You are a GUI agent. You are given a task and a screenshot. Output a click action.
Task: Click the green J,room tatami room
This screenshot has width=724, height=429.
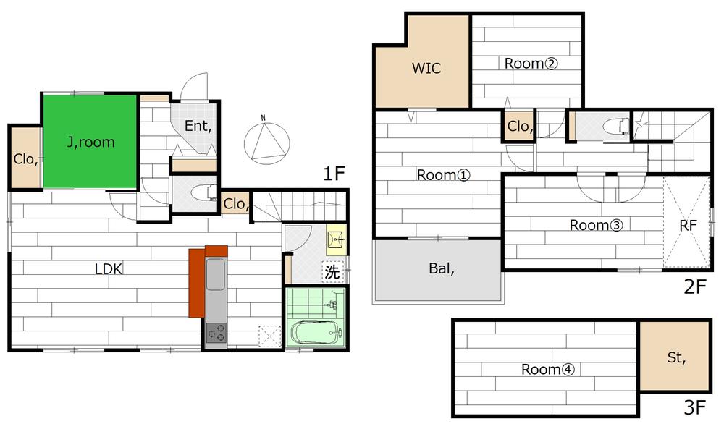90,142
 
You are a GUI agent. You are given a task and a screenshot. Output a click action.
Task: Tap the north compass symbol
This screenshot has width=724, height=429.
267,140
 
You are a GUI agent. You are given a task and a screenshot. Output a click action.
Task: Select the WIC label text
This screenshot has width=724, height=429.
426,68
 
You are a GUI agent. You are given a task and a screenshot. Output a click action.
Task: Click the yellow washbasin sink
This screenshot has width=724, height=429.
336,240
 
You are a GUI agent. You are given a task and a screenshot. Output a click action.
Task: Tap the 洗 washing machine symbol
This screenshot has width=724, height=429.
332,272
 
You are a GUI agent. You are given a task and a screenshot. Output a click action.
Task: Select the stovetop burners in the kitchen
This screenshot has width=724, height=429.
216,333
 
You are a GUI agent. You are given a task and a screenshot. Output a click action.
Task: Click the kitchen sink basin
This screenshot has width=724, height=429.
216,274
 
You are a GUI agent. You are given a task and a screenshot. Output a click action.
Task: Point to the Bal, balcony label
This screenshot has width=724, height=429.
442,268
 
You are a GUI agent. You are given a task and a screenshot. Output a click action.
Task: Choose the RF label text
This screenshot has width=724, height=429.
688,225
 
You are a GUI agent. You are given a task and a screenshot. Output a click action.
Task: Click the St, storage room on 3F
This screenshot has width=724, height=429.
675,356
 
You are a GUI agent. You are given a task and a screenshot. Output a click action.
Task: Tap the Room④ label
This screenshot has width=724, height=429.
548,369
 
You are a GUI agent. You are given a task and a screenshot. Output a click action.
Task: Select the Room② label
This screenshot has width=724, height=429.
531,63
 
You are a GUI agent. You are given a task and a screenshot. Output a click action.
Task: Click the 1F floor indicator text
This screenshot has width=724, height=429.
334,174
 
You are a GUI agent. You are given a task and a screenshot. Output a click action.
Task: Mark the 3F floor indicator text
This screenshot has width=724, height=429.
695,407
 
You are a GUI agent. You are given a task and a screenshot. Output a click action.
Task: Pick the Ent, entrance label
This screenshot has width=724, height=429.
198,126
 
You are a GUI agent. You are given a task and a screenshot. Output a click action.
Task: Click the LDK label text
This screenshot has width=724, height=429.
109,269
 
